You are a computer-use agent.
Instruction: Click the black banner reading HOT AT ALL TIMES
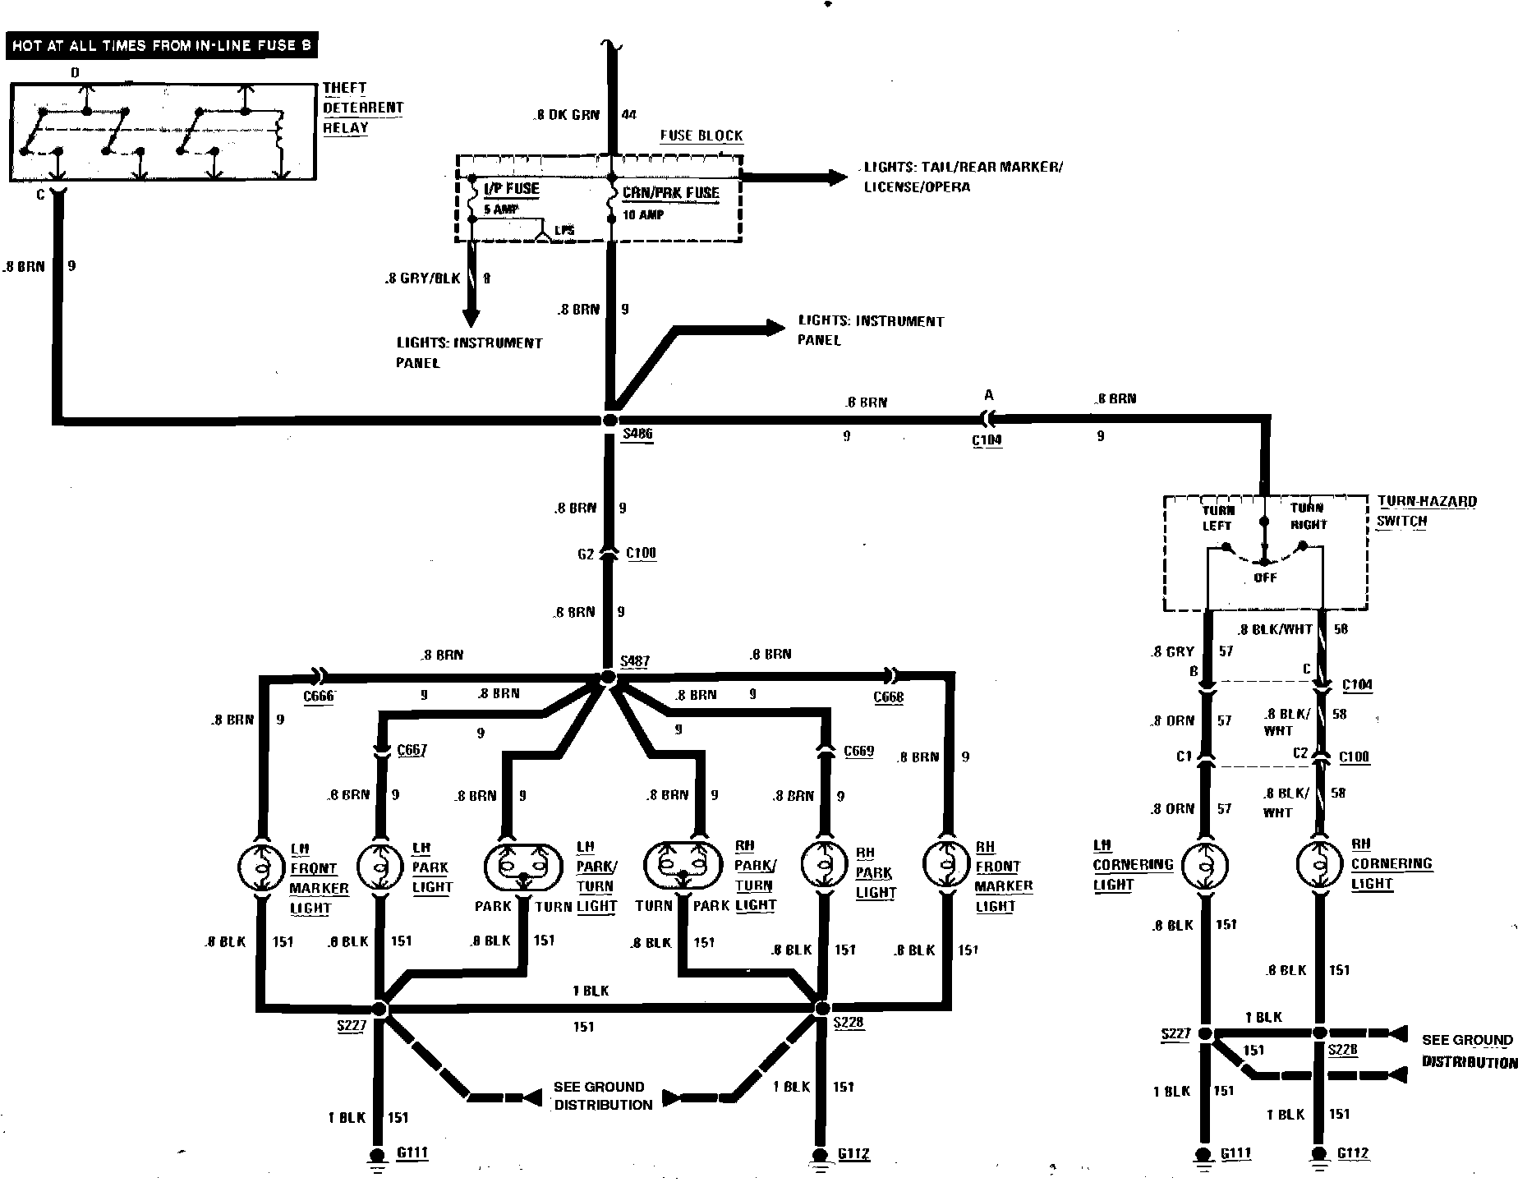162,45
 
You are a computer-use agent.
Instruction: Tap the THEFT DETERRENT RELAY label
362,108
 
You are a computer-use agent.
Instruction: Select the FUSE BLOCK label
701,136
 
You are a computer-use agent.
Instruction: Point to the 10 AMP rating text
643,215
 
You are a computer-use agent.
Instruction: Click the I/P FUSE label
511,189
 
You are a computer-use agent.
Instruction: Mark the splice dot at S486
609,420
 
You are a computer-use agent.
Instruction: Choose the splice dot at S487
608,678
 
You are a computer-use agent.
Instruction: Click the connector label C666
319,697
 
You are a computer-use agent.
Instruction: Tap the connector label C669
858,752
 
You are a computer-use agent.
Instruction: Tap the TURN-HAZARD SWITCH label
1426,511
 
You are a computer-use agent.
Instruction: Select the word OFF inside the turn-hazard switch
1265,577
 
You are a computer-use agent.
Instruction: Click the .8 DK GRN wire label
568,115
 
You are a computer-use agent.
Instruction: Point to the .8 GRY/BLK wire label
422,279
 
